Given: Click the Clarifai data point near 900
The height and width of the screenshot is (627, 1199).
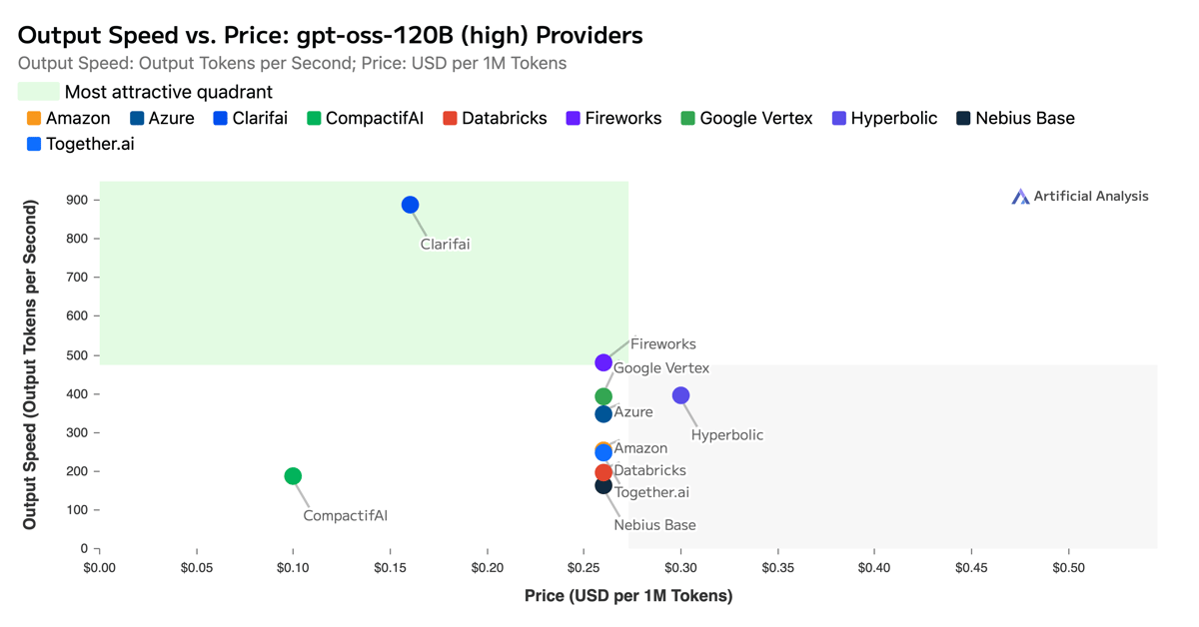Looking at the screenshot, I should [410, 205].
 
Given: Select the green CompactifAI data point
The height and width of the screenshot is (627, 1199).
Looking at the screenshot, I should [293, 476].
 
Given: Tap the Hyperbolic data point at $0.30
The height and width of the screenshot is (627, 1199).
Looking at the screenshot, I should [680, 395].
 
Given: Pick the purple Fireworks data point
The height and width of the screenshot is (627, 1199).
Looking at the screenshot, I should [603, 362].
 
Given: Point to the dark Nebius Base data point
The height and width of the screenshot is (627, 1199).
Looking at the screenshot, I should [603, 485].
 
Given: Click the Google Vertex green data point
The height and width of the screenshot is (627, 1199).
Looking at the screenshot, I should [603, 396].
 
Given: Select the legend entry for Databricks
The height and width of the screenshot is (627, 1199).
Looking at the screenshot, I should [495, 118].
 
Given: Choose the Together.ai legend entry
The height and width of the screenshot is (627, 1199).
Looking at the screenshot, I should [80, 144].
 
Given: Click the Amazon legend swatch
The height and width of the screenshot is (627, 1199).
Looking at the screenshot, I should [34, 118].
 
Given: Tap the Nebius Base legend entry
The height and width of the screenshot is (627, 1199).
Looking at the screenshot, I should [1015, 118].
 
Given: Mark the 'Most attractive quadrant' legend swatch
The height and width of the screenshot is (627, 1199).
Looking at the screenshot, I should [38, 92].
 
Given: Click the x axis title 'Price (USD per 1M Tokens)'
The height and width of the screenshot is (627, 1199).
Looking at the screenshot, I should [628, 596].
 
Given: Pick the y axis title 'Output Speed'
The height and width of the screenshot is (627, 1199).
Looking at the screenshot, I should [30, 364].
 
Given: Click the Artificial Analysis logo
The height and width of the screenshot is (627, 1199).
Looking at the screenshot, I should [1080, 197].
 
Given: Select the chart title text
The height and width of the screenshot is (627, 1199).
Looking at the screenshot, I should [330, 35].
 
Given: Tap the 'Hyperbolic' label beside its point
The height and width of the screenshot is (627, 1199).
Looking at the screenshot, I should [726, 435].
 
